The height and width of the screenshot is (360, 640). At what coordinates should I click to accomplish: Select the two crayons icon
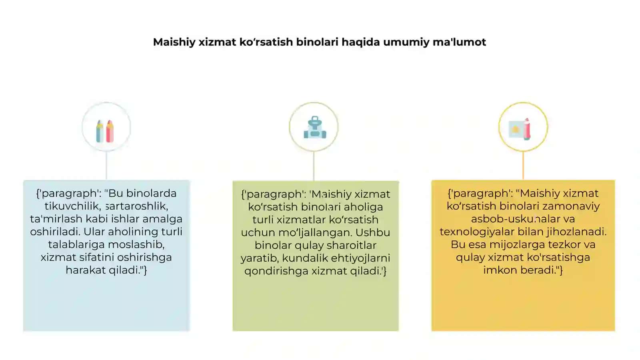[105, 131]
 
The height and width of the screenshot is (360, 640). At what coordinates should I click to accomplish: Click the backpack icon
[315, 128]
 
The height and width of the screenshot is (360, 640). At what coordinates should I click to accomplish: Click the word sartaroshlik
[137, 206]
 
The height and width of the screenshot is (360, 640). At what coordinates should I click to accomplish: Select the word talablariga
[76, 245]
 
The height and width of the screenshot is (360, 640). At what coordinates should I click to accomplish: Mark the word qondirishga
[276, 271]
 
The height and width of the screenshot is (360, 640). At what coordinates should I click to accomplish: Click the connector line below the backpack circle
[314, 166]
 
